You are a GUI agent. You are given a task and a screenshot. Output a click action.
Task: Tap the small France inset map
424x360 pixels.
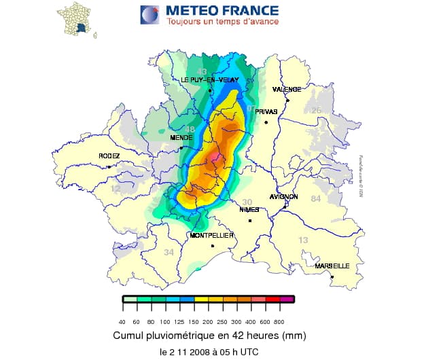(x=75, y=19)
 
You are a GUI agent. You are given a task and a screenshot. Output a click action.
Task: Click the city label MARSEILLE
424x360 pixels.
(x=332, y=266)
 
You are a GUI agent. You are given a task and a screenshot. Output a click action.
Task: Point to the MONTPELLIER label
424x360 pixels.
(x=211, y=236)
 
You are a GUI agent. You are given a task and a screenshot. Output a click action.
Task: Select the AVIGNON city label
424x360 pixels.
(x=283, y=196)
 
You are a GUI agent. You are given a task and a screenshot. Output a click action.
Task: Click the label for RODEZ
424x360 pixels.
(x=109, y=156)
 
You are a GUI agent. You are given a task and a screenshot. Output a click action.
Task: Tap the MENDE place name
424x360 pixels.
(x=180, y=138)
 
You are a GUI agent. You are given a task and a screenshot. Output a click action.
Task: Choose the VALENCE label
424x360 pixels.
(x=286, y=90)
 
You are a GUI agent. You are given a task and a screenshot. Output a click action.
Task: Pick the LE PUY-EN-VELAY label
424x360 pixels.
(x=209, y=80)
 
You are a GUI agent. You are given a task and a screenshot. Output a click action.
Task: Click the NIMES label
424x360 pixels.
(x=249, y=210)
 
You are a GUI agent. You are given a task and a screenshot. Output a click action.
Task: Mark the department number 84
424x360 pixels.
(x=315, y=198)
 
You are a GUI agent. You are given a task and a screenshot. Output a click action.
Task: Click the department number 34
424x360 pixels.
(x=169, y=253)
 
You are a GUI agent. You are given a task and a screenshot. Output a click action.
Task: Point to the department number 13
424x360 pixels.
(x=303, y=240)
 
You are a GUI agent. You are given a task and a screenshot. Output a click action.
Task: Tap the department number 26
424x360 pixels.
(x=315, y=110)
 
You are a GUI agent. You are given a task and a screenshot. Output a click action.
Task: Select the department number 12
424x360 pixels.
(x=116, y=189)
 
